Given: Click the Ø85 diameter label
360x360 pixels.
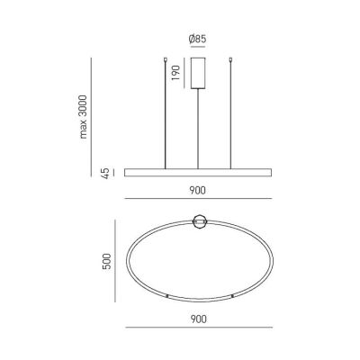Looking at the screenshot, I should [198, 40].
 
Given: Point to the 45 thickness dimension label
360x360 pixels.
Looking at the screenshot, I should [105, 171].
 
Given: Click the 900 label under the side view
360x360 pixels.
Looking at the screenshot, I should [198, 192].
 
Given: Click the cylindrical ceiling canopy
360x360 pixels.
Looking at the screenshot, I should [198, 70].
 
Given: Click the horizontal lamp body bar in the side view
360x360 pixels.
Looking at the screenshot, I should [198, 171].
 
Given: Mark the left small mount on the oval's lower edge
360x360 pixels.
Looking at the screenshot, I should [168, 296].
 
